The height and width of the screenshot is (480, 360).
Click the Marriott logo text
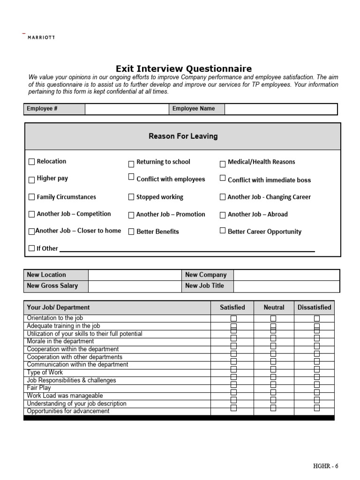tap(41, 37)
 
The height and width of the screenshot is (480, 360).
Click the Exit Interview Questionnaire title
tap(184, 69)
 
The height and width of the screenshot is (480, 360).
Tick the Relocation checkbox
tap(32, 162)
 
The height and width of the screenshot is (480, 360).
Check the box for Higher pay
tap(32, 179)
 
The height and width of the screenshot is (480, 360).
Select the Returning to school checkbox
tap(131, 164)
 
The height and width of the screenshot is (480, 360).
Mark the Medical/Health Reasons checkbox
tap(223, 164)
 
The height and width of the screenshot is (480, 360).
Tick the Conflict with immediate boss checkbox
tap(223, 179)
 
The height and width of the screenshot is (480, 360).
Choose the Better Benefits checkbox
tap(131, 232)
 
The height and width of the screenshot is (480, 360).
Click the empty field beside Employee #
tap(127, 109)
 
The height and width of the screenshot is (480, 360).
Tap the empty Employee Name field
tap(280, 109)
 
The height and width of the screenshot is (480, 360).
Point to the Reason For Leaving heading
tap(183, 136)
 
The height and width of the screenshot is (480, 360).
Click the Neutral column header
tap(274, 307)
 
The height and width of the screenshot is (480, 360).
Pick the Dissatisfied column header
tap(314, 307)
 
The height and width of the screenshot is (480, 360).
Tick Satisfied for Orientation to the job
tap(233, 319)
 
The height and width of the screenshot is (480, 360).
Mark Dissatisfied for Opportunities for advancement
tap(317, 408)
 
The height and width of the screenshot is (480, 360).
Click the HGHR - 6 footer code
tap(325, 466)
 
